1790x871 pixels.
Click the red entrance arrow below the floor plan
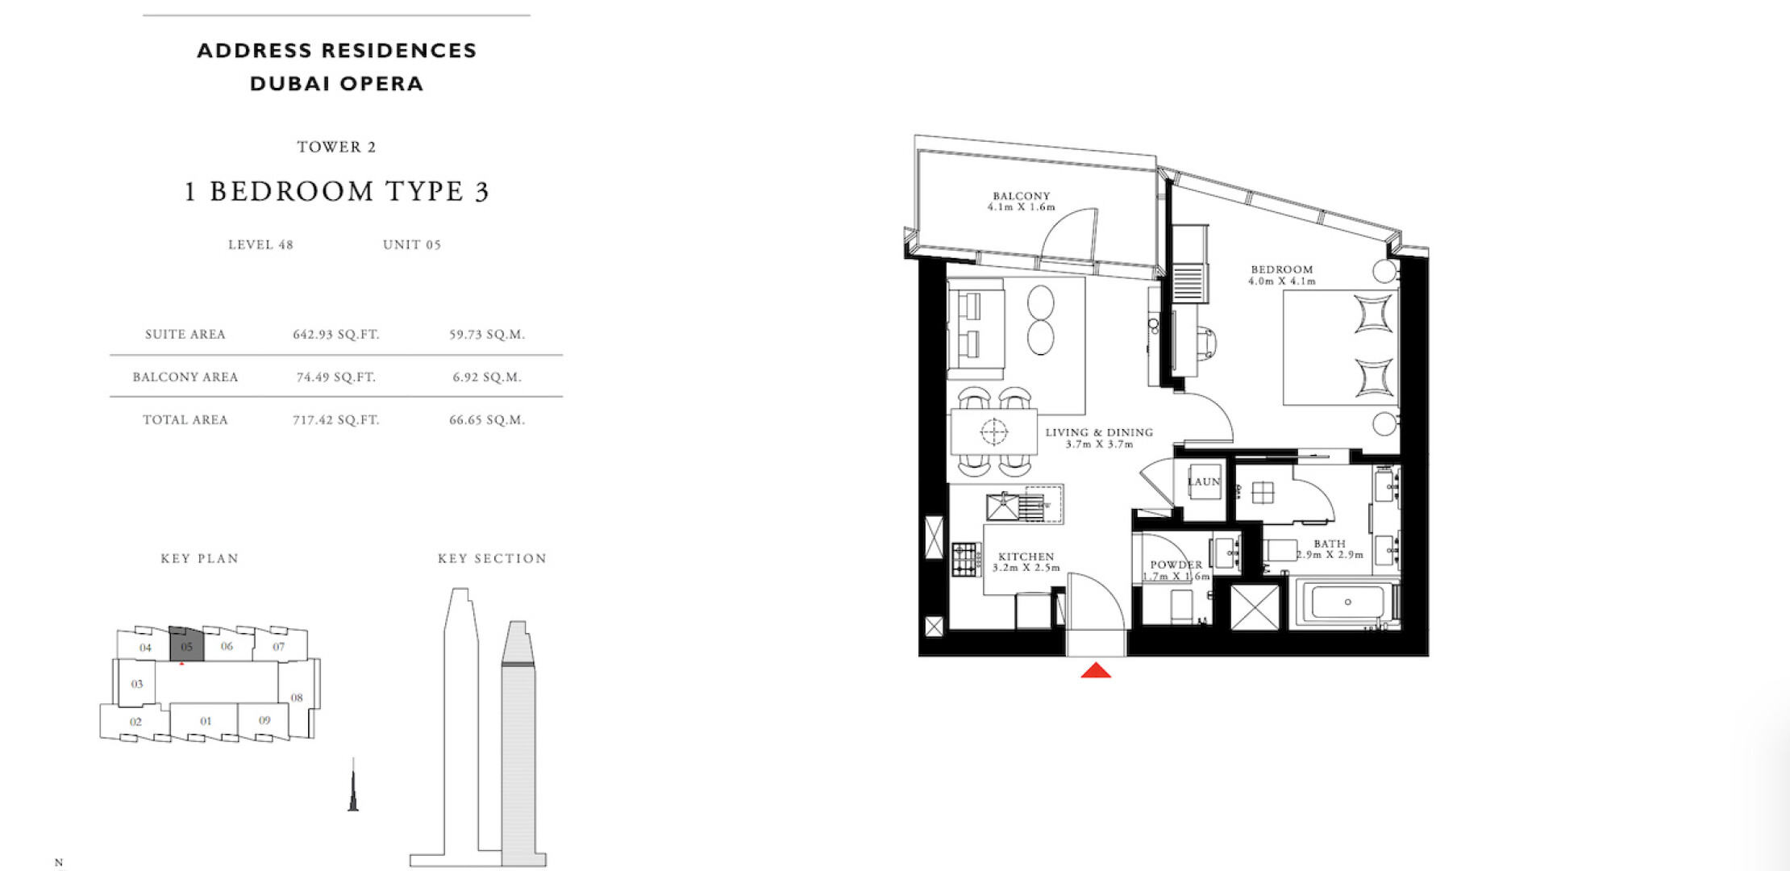coord(1096,670)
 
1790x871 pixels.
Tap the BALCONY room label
coord(1022,196)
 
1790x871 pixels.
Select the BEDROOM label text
coord(1282,269)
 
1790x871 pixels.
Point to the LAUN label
coord(1204,481)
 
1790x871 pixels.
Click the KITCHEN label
coord(1026,556)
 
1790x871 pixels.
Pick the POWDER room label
coord(1176,565)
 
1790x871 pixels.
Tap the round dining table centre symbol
coord(994,432)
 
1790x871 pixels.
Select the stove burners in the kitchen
coord(965,559)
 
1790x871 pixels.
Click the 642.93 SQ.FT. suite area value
coord(336,335)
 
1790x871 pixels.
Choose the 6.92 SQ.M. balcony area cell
coord(487,377)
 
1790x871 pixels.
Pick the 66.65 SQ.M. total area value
coord(487,420)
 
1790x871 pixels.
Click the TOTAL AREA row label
coord(185,420)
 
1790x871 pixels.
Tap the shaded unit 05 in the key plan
coord(186,644)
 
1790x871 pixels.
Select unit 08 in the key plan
coord(297,698)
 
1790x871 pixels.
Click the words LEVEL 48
coord(260,245)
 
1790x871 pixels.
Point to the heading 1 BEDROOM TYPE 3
coord(337,192)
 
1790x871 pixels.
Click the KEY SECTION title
coord(492,559)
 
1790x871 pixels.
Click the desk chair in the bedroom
coord(1205,342)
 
